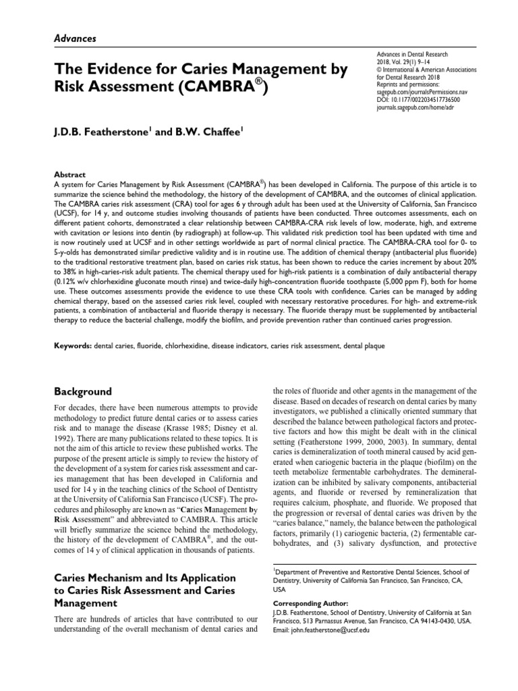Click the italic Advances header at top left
74,38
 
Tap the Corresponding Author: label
310,603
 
